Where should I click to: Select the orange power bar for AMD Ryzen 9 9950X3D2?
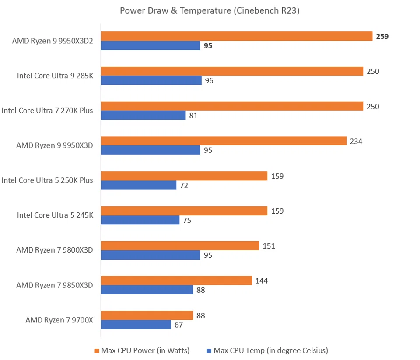[x=236, y=36]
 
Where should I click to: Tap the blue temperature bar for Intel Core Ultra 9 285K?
[x=151, y=80]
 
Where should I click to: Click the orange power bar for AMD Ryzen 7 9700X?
[x=147, y=315]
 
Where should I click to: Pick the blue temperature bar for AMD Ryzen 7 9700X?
[x=136, y=325]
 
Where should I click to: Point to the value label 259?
[x=382, y=36]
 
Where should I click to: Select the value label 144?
[x=261, y=280]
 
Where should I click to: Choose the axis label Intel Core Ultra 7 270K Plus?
[x=47, y=111]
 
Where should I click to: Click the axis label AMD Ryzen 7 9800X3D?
[x=55, y=250]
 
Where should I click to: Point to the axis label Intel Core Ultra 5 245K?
[x=55, y=215]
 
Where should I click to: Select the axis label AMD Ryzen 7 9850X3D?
[x=55, y=285]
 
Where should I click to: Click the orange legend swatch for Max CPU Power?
[x=97, y=350]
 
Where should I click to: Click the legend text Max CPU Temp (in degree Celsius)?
[x=271, y=350]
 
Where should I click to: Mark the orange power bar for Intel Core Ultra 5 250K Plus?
[x=184, y=176]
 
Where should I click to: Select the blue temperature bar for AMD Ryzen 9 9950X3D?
[x=150, y=150]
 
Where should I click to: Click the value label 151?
[x=269, y=246]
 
